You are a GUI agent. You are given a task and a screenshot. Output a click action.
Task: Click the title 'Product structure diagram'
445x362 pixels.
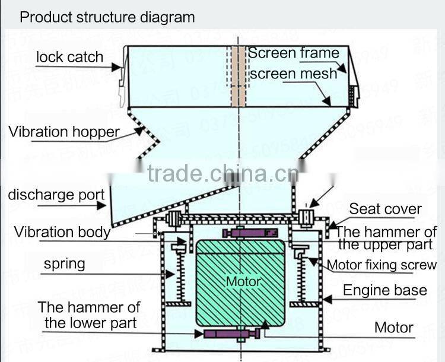pos(107,17)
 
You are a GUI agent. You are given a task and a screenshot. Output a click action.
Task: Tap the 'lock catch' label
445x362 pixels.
pos(69,58)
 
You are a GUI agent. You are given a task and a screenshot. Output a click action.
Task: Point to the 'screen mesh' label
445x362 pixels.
pos(293,74)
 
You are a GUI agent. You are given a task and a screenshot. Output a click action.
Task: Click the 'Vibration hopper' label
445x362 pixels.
pos(64,132)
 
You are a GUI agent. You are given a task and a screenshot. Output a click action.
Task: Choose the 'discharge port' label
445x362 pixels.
pos(56,195)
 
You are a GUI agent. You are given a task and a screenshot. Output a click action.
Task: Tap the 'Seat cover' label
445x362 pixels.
pos(385,209)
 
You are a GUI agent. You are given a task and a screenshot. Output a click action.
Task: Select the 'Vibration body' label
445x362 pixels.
pos(62,231)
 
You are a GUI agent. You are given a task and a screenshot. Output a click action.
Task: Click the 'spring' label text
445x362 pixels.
pos(64,263)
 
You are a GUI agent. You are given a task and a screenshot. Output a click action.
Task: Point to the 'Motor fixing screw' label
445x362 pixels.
pos(382,265)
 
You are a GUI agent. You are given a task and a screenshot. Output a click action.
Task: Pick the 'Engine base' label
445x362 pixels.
pos(385,290)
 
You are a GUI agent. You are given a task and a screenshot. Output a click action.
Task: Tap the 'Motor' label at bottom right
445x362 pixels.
pos(393,327)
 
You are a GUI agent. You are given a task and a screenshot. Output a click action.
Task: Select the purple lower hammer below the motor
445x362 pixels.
pos(233,334)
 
